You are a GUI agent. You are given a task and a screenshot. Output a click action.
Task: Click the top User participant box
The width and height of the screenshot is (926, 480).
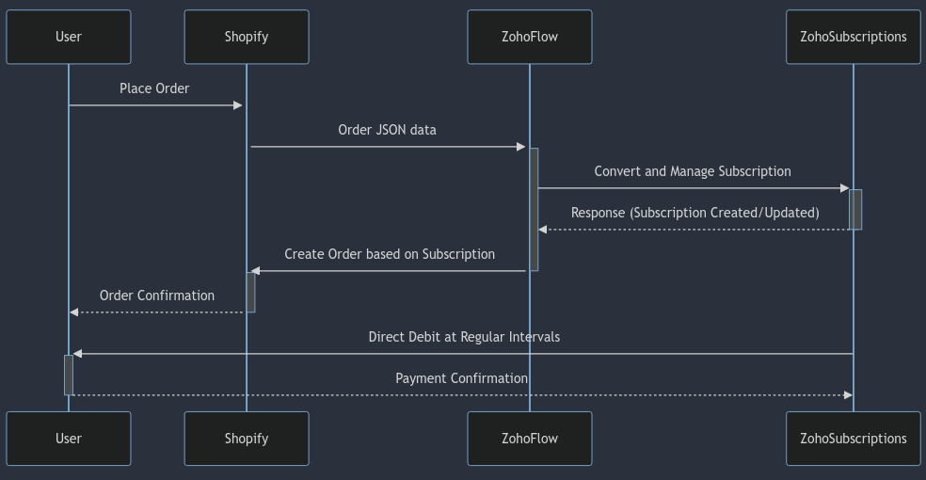click(69, 37)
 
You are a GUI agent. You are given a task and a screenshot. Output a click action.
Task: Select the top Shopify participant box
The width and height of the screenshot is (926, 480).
click(247, 37)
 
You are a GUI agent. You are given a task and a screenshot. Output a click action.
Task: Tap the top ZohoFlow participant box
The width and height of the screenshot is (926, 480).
click(530, 37)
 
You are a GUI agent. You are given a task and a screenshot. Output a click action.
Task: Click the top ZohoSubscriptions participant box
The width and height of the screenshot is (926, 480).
click(854, 37)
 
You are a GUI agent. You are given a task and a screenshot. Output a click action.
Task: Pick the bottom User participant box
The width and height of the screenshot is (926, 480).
click(69, 439)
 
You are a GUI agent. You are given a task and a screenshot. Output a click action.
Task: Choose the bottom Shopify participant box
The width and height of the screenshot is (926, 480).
click(247, 439)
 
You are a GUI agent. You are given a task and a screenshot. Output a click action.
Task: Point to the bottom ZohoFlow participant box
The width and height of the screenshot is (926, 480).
click(530, 439)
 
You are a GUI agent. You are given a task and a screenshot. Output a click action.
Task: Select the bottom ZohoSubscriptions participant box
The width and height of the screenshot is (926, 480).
click(854, 439)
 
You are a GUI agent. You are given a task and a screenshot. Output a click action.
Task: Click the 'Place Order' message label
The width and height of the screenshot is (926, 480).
click(154, 88)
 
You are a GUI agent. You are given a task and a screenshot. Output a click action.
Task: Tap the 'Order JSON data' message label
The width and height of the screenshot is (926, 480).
click(387, 130)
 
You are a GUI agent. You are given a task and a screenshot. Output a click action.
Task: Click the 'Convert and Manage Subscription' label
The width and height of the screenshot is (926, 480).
click(693, 171)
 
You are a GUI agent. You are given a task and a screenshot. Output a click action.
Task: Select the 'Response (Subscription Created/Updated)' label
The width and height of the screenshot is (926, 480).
click(694, 213)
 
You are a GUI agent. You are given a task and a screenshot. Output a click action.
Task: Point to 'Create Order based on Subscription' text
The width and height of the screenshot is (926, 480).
click(390, 254)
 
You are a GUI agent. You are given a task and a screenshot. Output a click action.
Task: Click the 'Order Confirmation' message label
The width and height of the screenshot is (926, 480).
click(157, 296)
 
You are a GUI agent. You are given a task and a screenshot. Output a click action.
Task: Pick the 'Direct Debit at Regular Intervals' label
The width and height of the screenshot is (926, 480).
click(464, 337)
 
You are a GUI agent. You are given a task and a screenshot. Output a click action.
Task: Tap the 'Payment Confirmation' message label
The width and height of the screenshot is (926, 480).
click(461, 378)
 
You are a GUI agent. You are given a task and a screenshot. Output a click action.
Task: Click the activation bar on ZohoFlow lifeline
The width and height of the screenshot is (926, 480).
click(534, 209)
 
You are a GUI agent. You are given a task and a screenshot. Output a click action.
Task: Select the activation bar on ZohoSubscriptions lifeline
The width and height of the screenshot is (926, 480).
click(855, 209)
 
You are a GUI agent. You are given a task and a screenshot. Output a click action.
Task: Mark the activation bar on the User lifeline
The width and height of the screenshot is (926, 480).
click(69, 375)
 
